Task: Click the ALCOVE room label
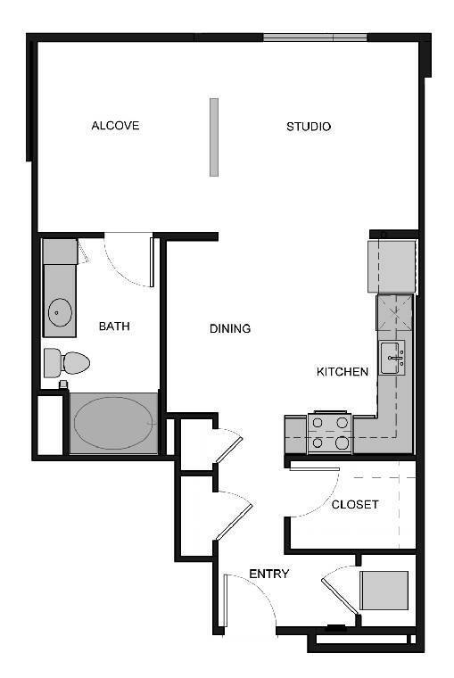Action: point(115,126)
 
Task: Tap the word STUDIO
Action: point(309,127)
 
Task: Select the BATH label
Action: point(114,327)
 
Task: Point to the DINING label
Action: point(230,328)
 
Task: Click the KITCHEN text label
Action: point(343,372)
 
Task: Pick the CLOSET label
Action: point(355,504)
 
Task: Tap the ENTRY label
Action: point(268,574)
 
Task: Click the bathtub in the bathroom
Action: point(113,423)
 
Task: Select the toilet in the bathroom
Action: point(69,362)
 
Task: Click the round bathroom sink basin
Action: point(61,312)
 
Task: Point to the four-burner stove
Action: point(329,432)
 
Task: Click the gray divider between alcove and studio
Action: point(214,136)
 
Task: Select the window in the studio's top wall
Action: point(315,37)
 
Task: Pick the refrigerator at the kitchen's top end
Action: point(392,265)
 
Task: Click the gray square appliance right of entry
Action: point(384,590)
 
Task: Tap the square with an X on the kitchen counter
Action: point(395,314)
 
